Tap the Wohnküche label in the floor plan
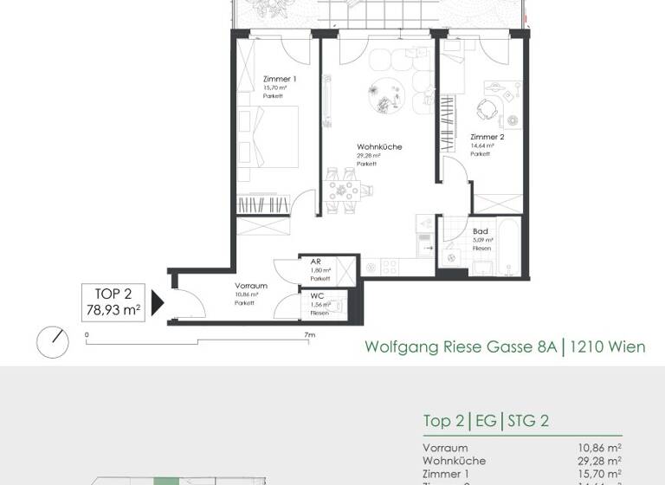(379, 147)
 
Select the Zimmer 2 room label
(487, 137)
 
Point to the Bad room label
(481, 231)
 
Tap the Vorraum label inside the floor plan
(250, 286)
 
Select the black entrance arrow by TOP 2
(158, 302)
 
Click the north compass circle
(52, 341)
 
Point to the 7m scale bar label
(308, 333)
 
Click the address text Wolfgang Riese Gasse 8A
(460, 347)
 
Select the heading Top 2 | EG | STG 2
(486, 422)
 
